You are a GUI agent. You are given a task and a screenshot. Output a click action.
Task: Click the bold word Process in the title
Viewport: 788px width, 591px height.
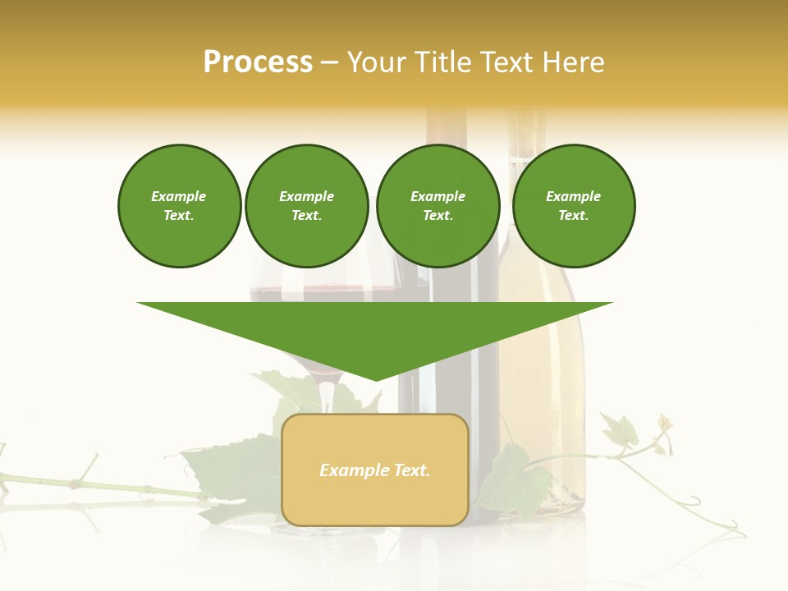pos(258,62)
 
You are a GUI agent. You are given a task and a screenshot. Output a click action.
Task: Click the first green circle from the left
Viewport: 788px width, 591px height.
pos(179,205)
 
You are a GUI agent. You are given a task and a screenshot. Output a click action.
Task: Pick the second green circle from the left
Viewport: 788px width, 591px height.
pos(306,205)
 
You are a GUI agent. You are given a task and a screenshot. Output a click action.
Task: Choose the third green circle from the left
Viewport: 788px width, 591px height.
pos(438,205)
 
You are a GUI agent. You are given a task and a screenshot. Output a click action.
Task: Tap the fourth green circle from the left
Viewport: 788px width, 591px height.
pos(573,205)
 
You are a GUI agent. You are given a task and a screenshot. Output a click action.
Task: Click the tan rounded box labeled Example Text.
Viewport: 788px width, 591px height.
pos(375,470)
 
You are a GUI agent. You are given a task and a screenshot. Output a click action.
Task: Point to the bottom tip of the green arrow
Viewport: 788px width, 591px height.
pos(376,378)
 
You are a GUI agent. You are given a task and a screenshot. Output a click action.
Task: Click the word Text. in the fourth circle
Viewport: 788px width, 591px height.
pos(573,216)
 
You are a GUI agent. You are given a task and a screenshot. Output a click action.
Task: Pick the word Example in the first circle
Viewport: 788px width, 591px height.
pos(179,196)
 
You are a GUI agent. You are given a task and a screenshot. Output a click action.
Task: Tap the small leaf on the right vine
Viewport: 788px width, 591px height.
pos(620,429)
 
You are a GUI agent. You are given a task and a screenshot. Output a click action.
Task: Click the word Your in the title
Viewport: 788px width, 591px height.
pos(375,62)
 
